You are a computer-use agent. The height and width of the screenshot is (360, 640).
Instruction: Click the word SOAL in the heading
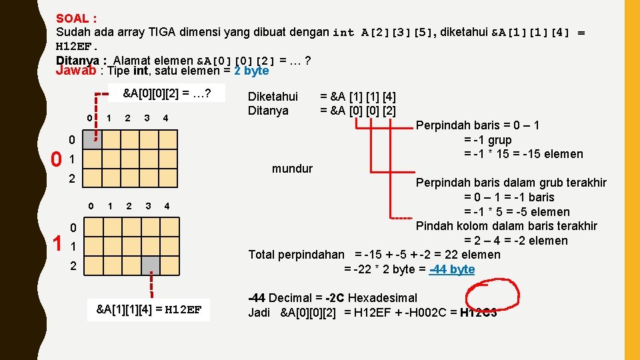[x=70, y=19]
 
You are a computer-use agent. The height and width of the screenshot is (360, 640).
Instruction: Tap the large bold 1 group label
[x=58, y=245]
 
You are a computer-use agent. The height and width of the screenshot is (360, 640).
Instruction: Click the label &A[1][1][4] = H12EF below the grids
[x=149, y=309]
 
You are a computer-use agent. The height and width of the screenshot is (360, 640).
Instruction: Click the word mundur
[x=292, y=169]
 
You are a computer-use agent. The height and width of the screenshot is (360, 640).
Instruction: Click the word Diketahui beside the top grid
[x=273, y=97]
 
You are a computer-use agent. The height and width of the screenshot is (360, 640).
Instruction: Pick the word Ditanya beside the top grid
[x=268, y=111]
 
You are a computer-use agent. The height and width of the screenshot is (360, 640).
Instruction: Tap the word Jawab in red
[x=75, y=71]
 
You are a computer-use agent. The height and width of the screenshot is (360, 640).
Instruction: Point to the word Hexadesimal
[x=383, y=298]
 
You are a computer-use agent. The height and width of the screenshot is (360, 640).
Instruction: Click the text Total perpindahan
[x=297, y=255]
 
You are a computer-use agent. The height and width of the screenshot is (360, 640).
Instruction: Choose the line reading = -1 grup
[x=487, y=140]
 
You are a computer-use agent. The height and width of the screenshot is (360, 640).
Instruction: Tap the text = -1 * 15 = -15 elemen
[x=523, y=154]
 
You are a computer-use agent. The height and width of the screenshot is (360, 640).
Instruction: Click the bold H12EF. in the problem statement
[x=77, y=47]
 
